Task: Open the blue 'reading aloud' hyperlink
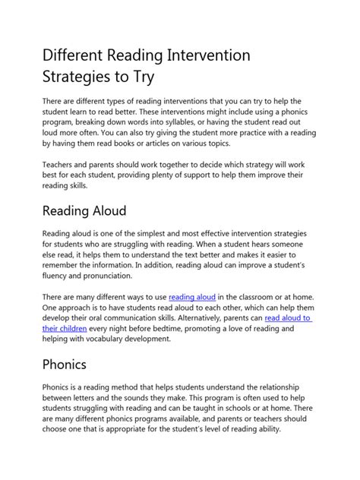click(x=192, y=296)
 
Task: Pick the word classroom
click(x=254, y=296)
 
